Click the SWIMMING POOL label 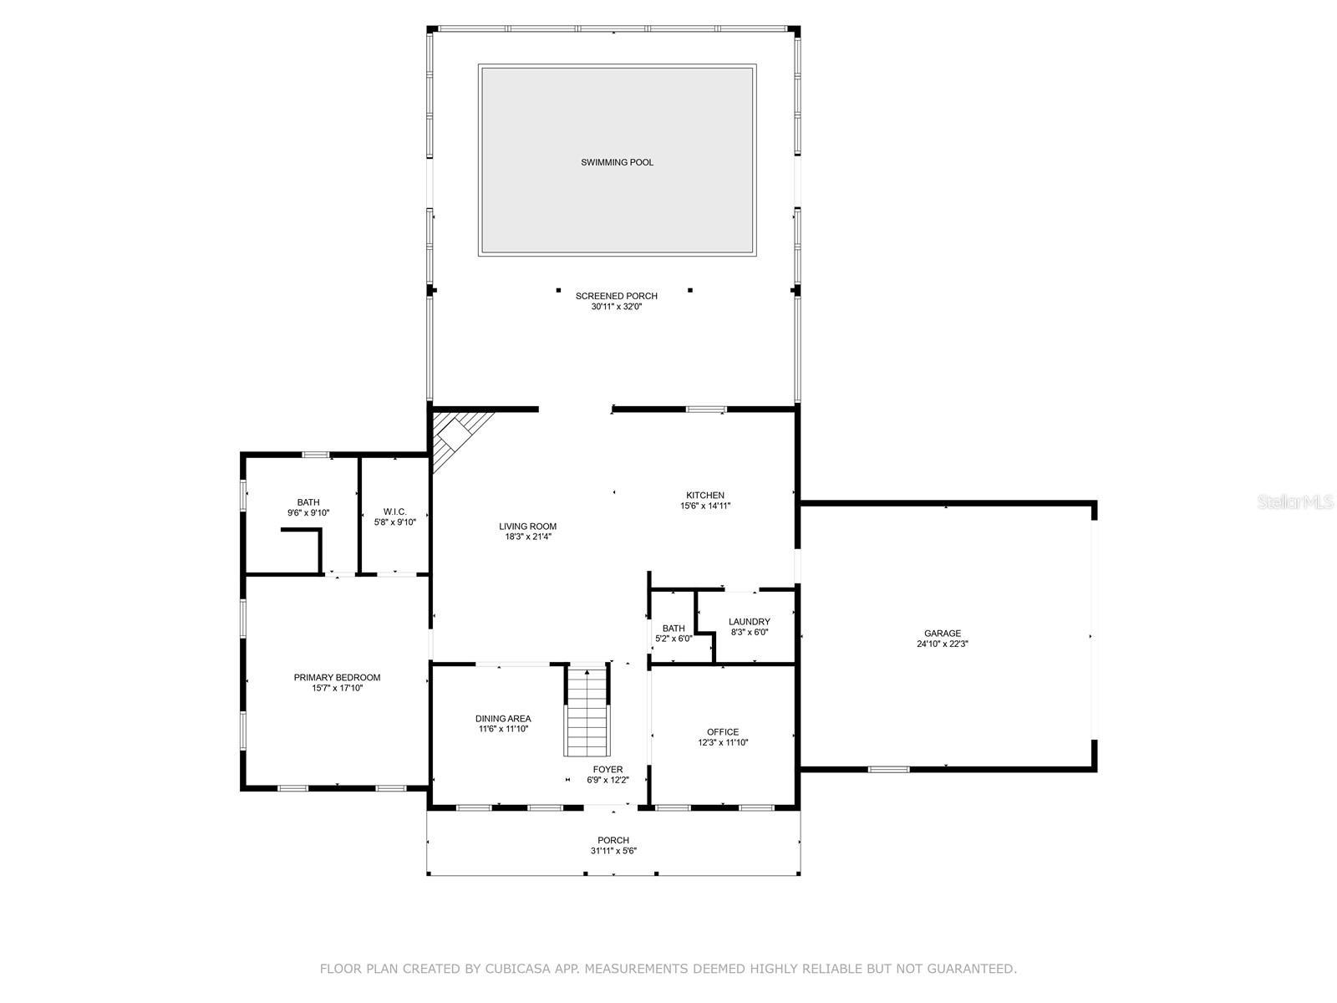pos(617,162)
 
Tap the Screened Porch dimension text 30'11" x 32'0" pos(617,307)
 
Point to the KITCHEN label pos(705,496)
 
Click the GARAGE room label pos(942,634)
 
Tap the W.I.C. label pos(394,512)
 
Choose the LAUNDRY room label pos(749,622)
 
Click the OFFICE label pos(722,732)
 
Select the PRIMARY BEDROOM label pos(337,678)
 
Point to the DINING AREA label pos(503,719)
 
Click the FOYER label pos(607,770)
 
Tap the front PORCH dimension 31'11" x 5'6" pos(613,851)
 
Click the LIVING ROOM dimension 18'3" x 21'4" pos(528,537)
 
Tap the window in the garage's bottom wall pos(887,768)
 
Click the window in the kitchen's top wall pos(706,410)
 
